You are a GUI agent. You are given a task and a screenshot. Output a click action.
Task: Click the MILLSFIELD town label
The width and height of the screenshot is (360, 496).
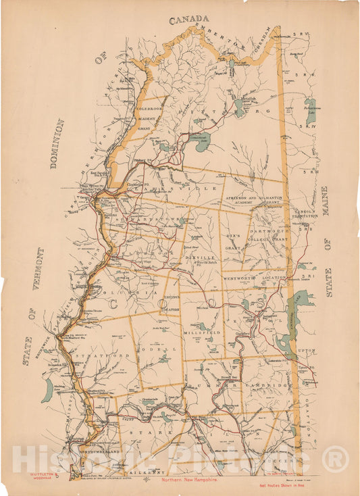point(201,334)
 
